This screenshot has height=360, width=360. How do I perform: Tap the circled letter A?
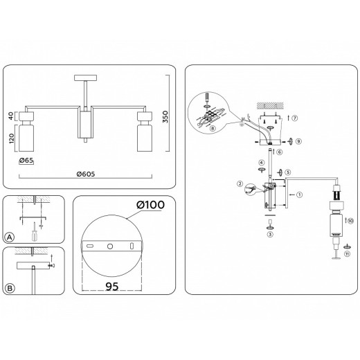pos(10,237)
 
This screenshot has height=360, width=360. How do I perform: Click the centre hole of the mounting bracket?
pos(109,246)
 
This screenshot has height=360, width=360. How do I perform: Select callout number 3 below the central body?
pos(270,235)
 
